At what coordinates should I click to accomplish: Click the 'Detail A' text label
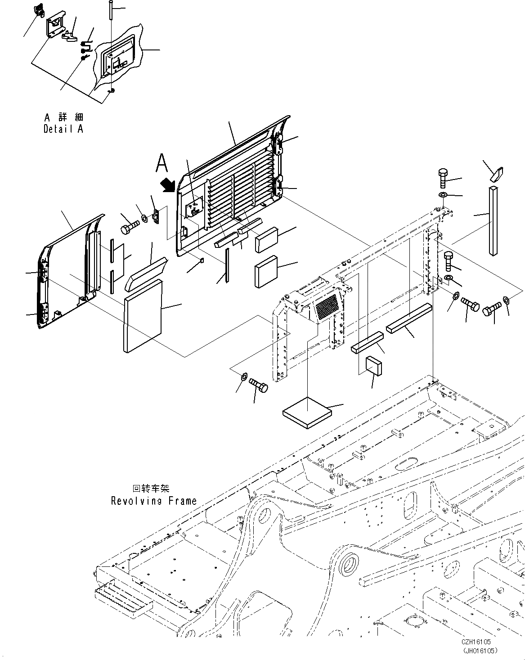coord(63,129)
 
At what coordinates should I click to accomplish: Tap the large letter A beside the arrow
coord(162,163)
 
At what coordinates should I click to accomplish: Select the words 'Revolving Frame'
coord(154,500)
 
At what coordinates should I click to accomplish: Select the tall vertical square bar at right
coord(494,220)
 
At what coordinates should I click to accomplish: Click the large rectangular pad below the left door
coord(142,315)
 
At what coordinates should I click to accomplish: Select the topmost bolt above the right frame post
coord(443,179)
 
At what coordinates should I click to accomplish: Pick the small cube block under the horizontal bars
coord(374,365)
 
